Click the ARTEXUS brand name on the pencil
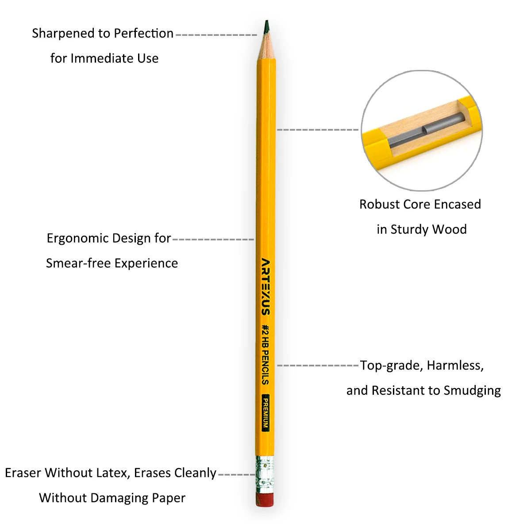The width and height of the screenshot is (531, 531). tap(265, 286)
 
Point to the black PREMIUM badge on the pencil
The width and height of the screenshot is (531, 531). tap(265, 412)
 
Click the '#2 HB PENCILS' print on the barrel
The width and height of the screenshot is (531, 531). tap(265, 354)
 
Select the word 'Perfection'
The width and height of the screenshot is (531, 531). tap(143, 34)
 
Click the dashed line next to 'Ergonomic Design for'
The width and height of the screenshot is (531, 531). tap(213, 239)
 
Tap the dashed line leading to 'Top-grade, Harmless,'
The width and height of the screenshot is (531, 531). tap(317, 366)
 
